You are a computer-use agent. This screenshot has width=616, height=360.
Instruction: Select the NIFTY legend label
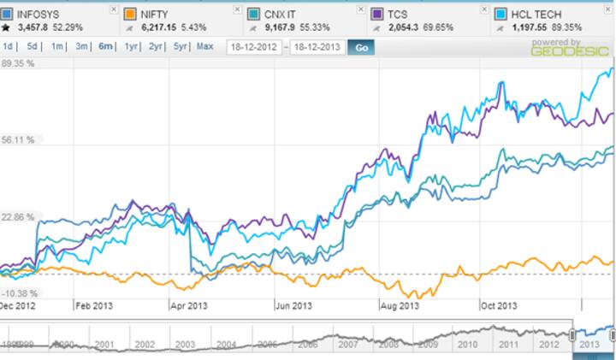coord(151,14)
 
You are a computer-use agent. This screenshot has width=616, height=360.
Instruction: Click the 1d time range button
coord(8,46)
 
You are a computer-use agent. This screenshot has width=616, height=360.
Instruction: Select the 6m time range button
coord(107,46)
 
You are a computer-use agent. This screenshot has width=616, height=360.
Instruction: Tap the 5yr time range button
coord(181,46)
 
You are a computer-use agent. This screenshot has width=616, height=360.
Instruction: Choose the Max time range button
coord(205,46)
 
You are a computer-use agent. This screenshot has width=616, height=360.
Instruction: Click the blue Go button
coord(361,47)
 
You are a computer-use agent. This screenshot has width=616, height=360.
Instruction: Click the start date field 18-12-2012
coord(255,47)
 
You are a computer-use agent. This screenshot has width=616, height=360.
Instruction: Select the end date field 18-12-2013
coord(317,47)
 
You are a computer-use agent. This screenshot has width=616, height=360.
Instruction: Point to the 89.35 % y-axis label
coord(18,63)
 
